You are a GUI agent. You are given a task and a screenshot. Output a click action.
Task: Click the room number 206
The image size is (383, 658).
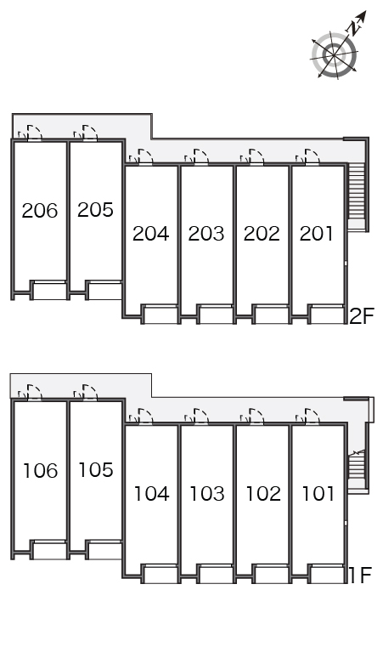40,211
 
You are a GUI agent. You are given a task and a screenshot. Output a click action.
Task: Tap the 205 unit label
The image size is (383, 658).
96,210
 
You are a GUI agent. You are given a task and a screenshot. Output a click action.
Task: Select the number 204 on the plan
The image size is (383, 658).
151,234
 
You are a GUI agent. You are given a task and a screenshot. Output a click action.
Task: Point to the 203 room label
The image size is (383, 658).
206,234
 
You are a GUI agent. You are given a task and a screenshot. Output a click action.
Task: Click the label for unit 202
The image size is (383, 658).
262,234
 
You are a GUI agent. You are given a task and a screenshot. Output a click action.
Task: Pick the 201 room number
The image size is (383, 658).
317,234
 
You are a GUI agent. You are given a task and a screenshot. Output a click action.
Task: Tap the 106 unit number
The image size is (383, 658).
40,471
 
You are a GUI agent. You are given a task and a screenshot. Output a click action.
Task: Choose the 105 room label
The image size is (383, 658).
96,470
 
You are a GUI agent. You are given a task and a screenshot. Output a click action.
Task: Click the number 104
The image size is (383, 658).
152,494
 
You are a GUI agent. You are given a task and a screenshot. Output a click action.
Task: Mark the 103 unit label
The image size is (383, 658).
207,494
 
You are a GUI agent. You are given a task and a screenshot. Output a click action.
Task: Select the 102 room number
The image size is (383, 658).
262,494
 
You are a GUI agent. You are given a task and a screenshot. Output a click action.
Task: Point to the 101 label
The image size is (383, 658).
318,494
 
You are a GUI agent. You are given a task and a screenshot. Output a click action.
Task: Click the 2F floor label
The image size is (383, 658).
361,316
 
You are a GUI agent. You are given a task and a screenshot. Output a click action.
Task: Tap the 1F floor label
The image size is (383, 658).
360,576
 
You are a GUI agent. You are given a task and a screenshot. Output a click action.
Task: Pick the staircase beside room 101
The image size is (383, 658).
358,465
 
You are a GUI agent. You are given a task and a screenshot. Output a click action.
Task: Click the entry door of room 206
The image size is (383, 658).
35,132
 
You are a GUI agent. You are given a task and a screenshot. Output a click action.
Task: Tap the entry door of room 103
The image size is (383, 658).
201,417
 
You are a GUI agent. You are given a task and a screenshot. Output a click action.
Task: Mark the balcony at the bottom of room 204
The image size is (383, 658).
161,315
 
